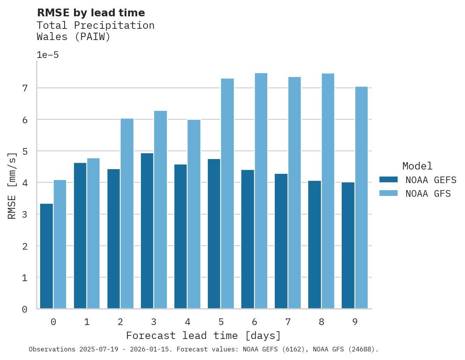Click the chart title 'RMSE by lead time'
coord(91,13)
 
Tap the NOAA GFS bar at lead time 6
coord(261,190)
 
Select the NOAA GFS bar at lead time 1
coord(93,233)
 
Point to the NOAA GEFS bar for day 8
coord(314,245)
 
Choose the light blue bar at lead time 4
coord(194,214)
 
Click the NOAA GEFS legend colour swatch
coord(388,179)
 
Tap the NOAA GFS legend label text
coord(428,194)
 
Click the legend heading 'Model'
coord(417,166)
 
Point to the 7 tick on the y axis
coord(25,88)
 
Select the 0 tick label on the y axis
coord(25,309)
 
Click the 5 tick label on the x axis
coord(221,322)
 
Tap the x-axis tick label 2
coord(120,322)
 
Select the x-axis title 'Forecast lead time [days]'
coord(203,336)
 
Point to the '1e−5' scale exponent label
coord(47,55)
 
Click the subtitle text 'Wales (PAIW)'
coord(74,37)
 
